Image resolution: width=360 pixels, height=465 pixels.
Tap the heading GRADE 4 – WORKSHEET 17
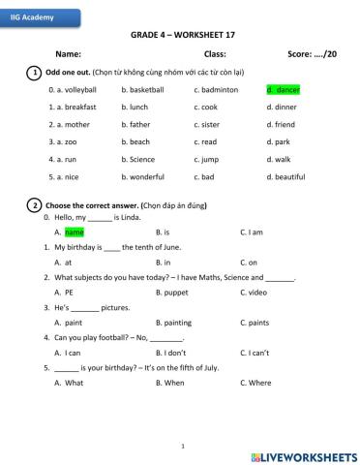tap(179, 34)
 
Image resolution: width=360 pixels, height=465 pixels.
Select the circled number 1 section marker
tap(35, 73)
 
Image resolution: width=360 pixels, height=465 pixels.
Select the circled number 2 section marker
tap(35, 205)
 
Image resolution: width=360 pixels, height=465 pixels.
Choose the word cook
tap(208, 107)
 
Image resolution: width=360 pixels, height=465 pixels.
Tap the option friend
tap(283, 124)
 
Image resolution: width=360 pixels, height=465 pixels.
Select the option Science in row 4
tap(141, 159)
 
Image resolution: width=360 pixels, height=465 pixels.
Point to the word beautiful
tap(287, 177)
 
